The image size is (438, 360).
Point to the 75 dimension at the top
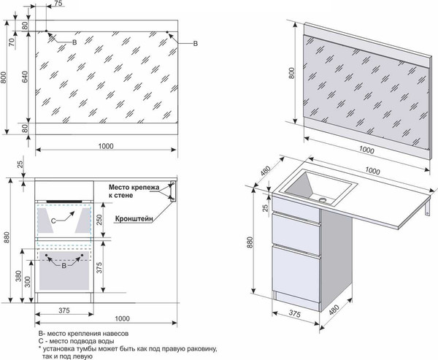click(58, 5)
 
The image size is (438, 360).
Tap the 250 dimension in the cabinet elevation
click(99, 219)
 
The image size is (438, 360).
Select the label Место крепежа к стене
click(134, 191)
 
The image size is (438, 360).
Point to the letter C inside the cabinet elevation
click(52, 219)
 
